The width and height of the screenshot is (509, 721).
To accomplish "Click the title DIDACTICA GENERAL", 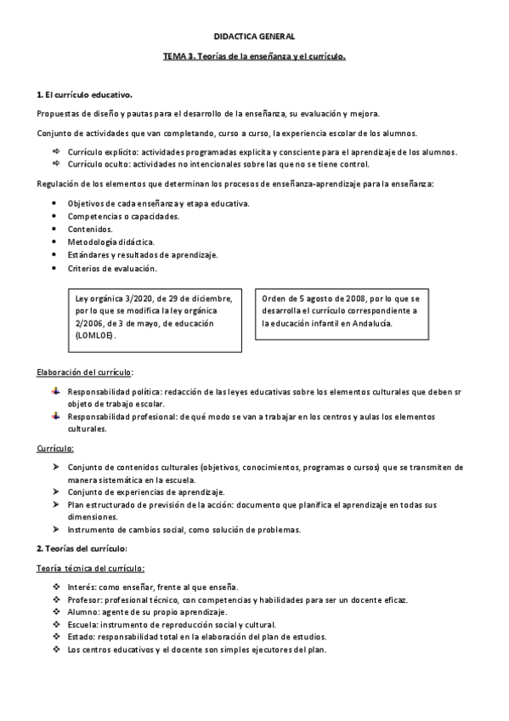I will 254,37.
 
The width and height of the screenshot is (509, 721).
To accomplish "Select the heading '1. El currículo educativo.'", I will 84,94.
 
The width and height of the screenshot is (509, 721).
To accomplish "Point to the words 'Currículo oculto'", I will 97,163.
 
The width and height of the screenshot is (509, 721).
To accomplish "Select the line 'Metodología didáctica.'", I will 110,242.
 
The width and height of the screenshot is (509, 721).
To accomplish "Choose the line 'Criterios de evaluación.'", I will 112,269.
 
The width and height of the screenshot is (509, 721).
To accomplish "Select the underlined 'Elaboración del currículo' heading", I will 85,372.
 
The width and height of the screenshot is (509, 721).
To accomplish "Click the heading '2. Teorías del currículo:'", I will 82,548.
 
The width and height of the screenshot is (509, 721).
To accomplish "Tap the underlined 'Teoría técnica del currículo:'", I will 91,568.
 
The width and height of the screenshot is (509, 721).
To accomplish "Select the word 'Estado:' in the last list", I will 82,637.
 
